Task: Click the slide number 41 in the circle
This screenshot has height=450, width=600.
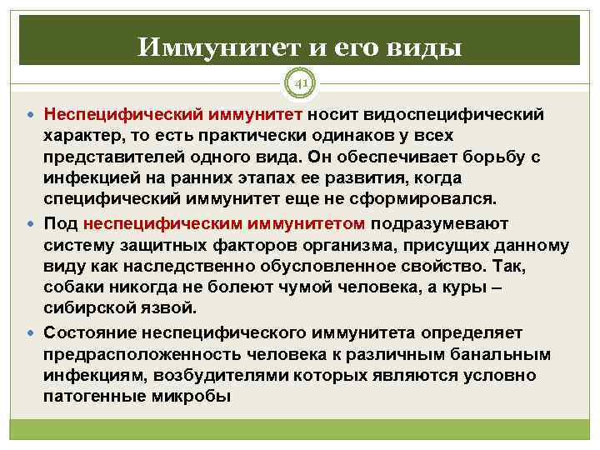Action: tap(300, 83)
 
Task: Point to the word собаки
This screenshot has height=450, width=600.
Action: tap(74, 287)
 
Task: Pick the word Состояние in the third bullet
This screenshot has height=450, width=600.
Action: tap(88, 331)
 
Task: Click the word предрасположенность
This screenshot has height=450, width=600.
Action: tap(134, 352)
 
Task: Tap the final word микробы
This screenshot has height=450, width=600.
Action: tap(197, 396)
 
